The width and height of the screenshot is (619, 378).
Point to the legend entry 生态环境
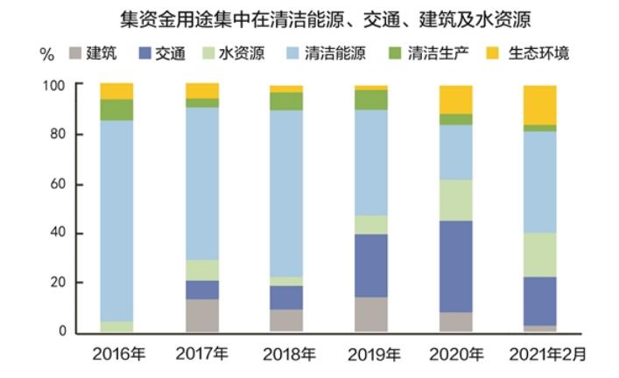tap(531, 53)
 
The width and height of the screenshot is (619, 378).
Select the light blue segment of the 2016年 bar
tap(116, 219)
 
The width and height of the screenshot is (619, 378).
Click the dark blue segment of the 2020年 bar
tap(456, 266)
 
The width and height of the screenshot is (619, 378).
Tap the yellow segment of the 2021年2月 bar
tap(540, 105)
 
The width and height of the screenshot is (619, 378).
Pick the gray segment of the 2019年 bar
tap(372, 314)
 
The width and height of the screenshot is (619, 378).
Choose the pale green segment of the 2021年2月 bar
tap(540, 255)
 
